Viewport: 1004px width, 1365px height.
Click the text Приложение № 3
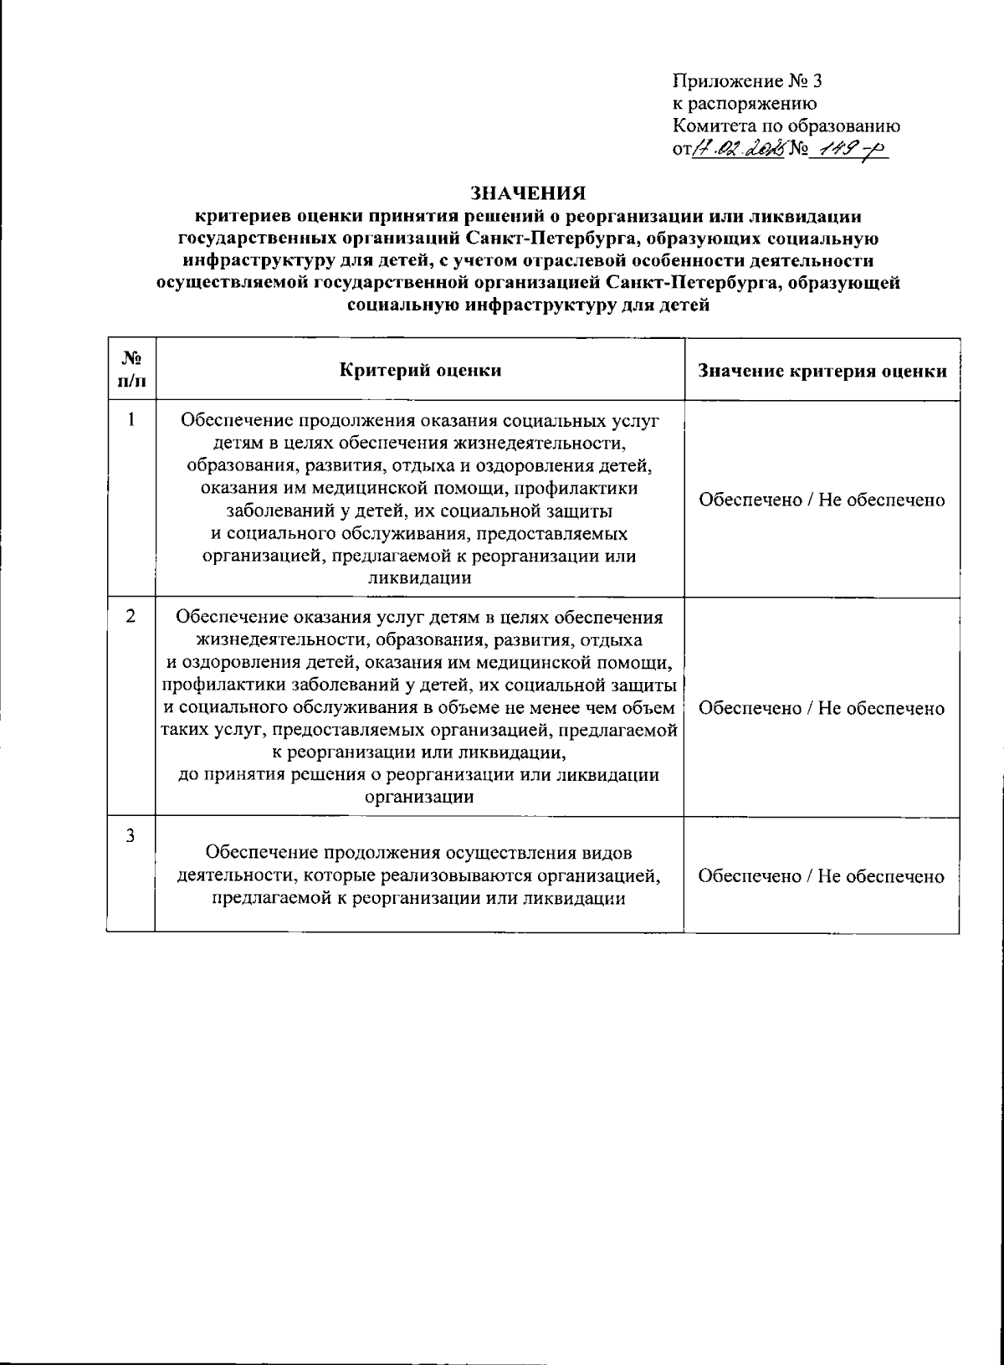748,81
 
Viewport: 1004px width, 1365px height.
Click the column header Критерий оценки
421,370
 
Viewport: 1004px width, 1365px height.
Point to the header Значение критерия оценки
822,371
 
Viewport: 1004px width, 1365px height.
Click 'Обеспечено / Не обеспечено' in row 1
822,500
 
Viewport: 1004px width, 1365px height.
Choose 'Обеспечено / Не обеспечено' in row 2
822,708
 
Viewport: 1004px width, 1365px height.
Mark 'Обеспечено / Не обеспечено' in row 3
822,875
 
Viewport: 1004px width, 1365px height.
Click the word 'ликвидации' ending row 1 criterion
419,577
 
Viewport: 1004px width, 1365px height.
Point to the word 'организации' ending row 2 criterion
419,797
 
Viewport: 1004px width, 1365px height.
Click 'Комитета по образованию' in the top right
786,126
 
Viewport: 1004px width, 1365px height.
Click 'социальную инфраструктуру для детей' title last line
528,305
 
